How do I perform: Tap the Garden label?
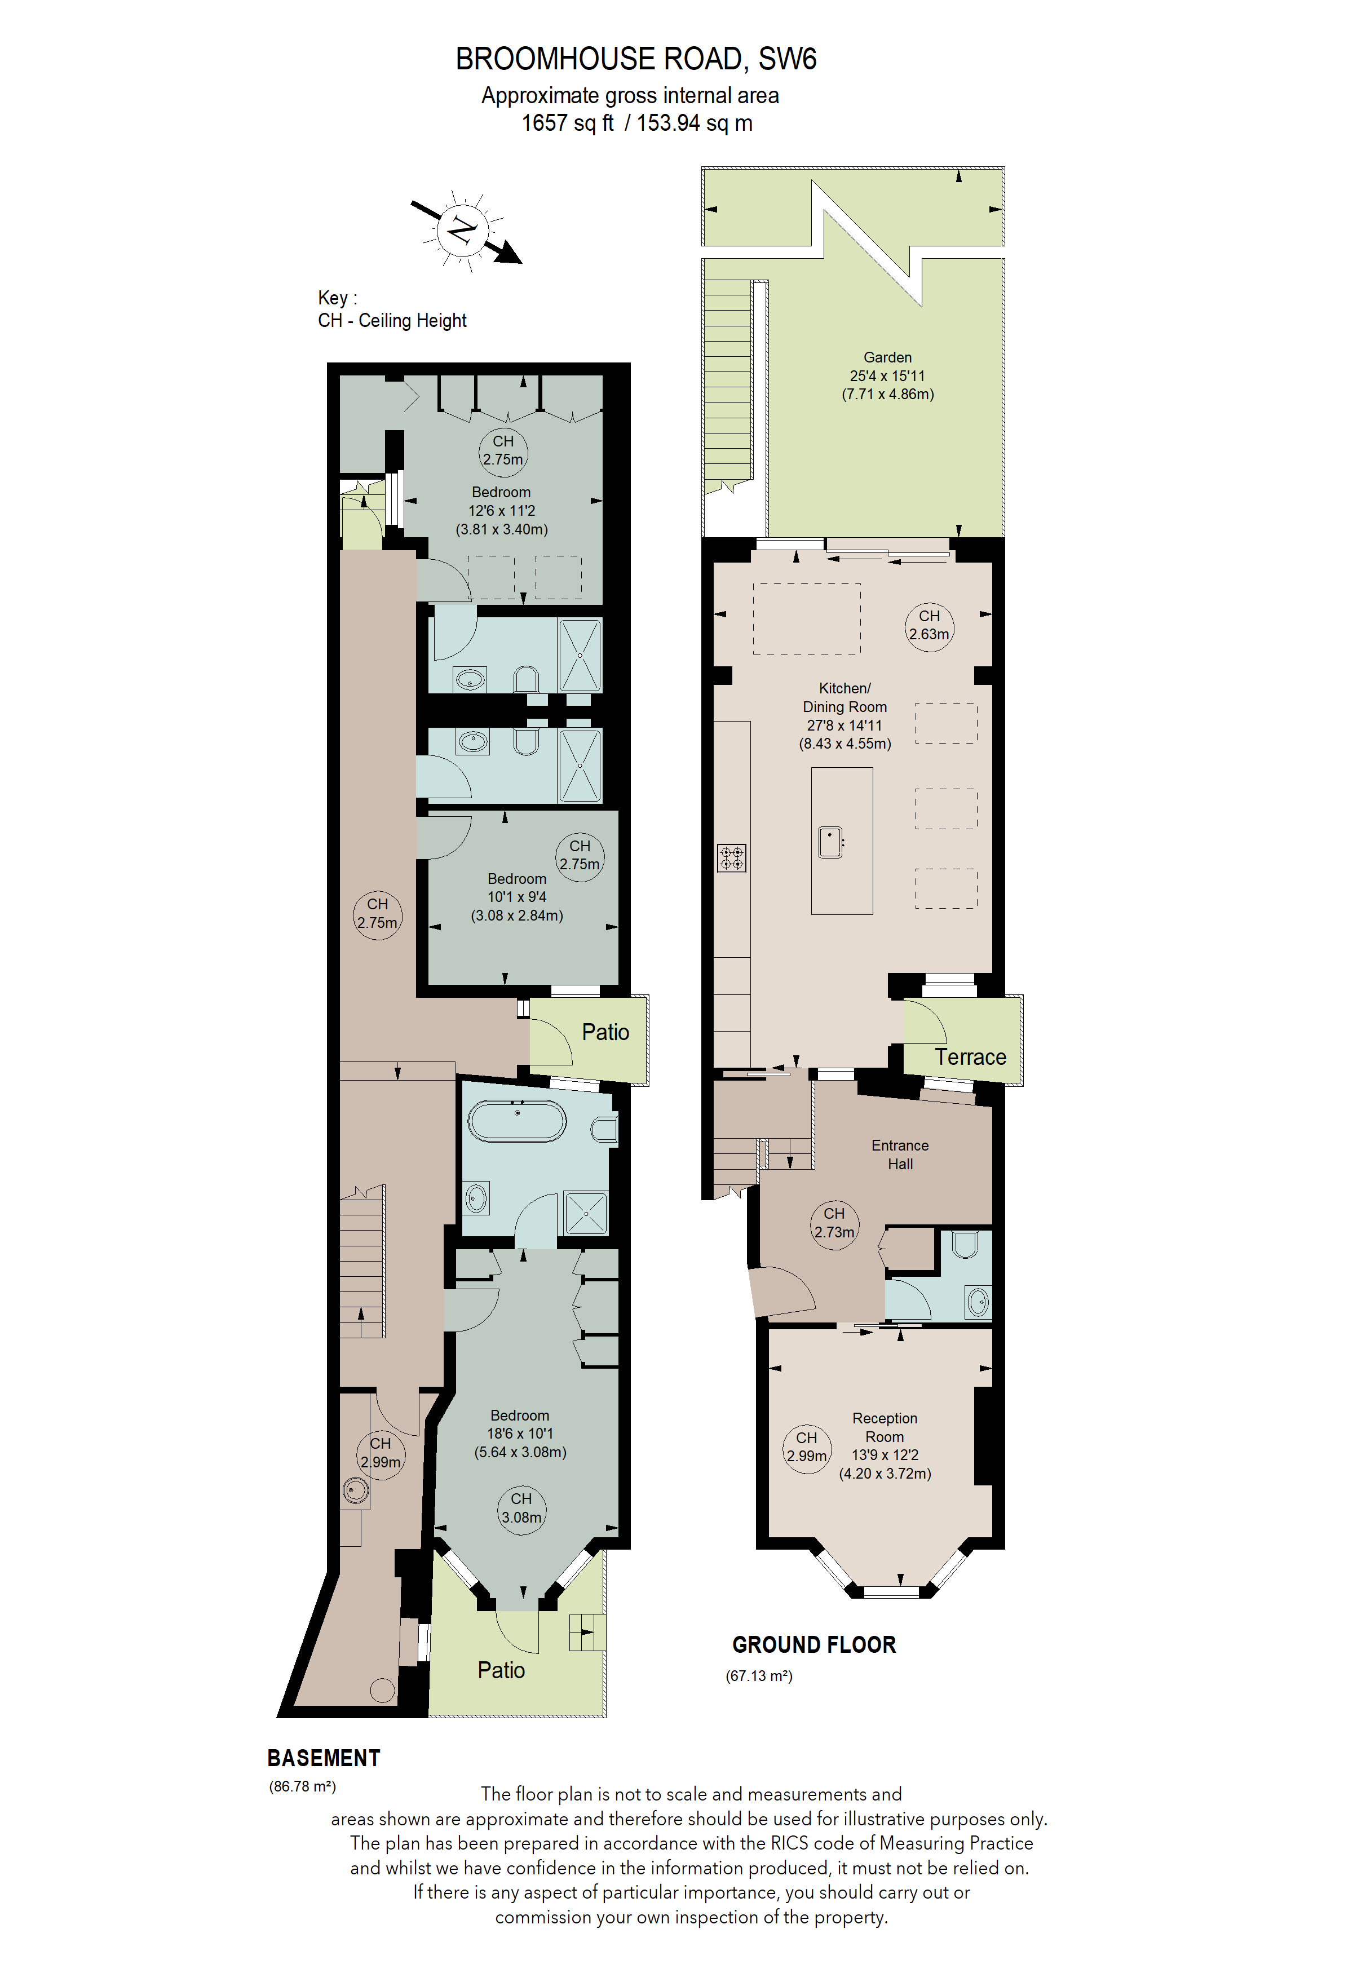(x=887, y=357)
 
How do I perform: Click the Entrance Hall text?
(x=900, y=1154)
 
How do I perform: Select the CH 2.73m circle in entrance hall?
(x=834, y=1223)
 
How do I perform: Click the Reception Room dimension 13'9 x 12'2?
(x=885, y=1455)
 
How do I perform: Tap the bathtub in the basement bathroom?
(x=517, y=1121)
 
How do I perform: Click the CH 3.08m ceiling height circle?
(x=521, y=1508)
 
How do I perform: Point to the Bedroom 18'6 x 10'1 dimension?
(x=519, y=1434)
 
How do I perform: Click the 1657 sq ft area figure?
(x=567, y=123)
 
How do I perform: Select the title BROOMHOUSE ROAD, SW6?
(x=636, y=59)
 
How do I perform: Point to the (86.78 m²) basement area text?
(x=302, y=1786)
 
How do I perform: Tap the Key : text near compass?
(x=337, y=298)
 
